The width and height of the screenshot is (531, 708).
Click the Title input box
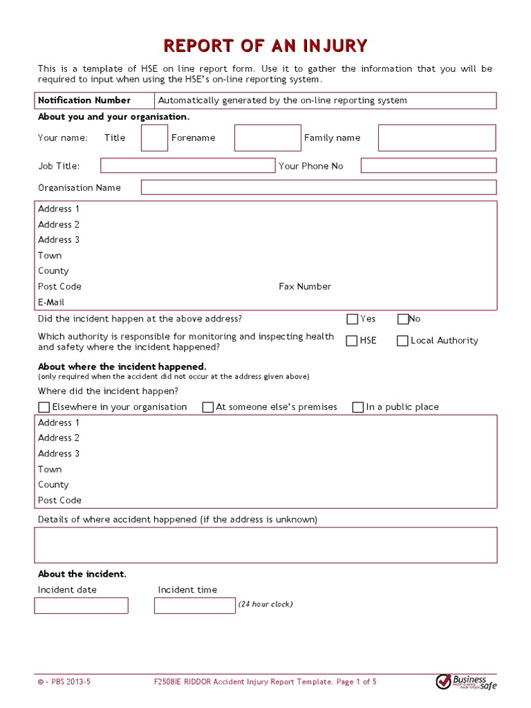[x=155, y=138]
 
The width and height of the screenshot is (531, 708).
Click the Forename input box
[x=268, y=138]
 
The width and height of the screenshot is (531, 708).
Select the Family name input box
[x=437, y=138]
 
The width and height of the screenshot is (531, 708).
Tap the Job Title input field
[x=187, y=166]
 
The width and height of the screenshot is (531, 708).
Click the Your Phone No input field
[x=429, y=166]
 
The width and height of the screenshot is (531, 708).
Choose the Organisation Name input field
[x=319, y=187]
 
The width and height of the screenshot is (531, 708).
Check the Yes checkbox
[x=353, y=319]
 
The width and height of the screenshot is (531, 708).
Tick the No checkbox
[x=403, y=319]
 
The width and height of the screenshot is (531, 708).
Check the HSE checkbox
[x=353, y=341]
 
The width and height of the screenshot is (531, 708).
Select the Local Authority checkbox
[x=403, y=341]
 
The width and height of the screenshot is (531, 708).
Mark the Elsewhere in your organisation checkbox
[x=44, y=407]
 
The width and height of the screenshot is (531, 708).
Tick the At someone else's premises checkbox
[x=208, y=407]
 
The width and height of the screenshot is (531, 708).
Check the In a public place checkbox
[x=358, y=407]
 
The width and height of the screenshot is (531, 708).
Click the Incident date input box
[x=82, y=606]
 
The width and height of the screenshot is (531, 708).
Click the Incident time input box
[x=195, y=606]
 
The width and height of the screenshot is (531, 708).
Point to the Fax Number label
[x=305, y=286]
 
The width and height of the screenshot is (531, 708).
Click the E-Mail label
[x=51, y=302]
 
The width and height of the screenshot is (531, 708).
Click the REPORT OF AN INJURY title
[x=265, y=46]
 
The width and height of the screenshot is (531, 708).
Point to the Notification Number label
[x=84, y=100]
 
